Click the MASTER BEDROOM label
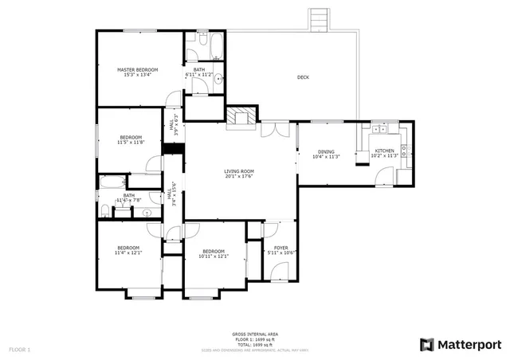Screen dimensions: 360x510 point(138,70)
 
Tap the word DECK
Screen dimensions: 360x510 point(303,77)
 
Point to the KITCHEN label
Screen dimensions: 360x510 point(385,151)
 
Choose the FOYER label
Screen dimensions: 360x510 point(280,248)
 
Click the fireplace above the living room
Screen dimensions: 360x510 point(241,118)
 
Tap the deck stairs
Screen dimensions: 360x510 point(318,19)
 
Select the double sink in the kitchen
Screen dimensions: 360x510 point(379,128)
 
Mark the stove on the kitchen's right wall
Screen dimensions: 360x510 point(406,147)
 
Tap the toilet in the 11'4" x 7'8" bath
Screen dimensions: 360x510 point(104,210)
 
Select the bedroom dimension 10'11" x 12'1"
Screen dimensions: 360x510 point(213,256)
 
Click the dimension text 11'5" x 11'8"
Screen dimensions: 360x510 point(131,143)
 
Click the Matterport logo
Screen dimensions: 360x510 point(461,344)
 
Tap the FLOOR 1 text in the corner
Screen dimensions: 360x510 point(19,350)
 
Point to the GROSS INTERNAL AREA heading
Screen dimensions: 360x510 point(255,335)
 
